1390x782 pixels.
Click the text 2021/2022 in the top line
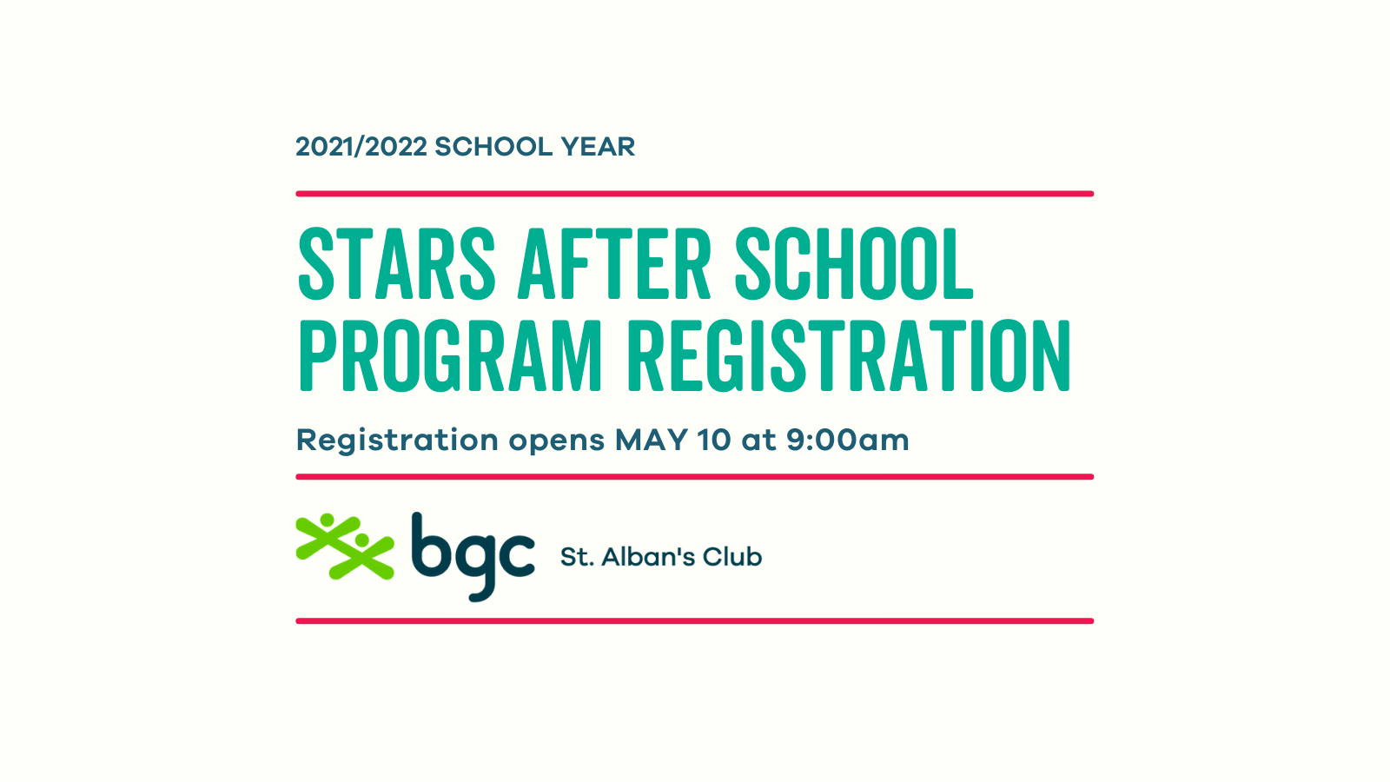point(361,147)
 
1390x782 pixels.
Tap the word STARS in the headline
point(397,264)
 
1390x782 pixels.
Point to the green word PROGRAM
point(450,355)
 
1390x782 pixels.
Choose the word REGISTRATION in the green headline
point(849,355)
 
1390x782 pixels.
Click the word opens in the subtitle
point(556,441)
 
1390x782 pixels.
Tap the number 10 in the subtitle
point(714,440)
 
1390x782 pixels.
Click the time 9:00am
point(847,440)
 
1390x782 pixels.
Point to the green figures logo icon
point(345,547)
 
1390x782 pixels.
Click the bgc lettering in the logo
point(473,556)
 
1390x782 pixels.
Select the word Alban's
point(646,557)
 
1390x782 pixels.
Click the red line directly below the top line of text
point(694,194)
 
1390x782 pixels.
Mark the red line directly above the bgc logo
point(694,477)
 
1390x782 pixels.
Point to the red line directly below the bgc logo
point(694,621)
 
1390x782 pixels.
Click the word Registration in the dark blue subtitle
point(397,441)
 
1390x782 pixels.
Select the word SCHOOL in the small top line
point(493,147)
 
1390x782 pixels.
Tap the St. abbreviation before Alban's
point(576,557)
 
